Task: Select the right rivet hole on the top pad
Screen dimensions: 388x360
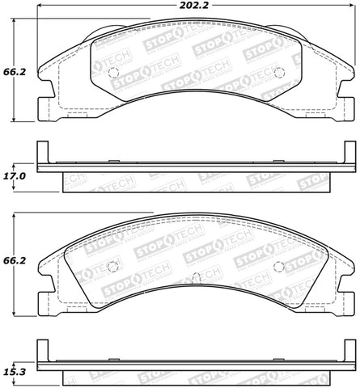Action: point(280,73)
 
